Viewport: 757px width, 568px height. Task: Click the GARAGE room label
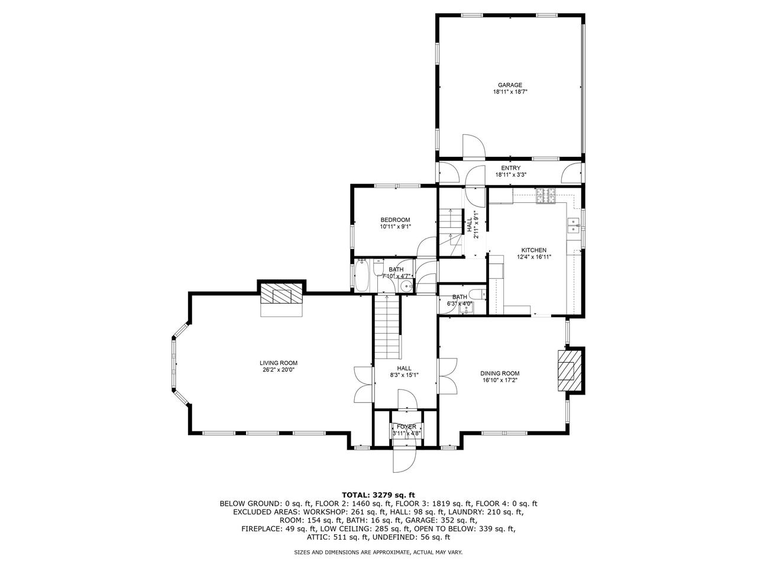pyautogui.click(x=509, y=85)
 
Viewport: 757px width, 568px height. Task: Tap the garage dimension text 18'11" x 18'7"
pyautogui.click(x=509, y=92)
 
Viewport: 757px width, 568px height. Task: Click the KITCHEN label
pyautogui.click(x=533, y=250)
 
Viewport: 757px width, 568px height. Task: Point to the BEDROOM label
pyautogui.click(x=394, y=220)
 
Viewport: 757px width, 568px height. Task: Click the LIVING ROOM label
pyautogui.click(x=278, y=363)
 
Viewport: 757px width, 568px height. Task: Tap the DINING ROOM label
pyautogui.click(x=499, y=373)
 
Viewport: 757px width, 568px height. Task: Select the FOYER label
pyautogui.click(x=406, y=427)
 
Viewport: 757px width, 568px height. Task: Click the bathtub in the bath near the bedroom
pyautogui.click(x=362, y=277)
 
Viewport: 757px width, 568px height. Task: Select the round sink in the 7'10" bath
pyautogui.click(x=406, y=287)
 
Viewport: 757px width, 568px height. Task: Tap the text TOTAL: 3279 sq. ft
pyautogui.click(x=378, y=494)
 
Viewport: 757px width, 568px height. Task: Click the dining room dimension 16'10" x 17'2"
pyautogui.click(x=499, y=380)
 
